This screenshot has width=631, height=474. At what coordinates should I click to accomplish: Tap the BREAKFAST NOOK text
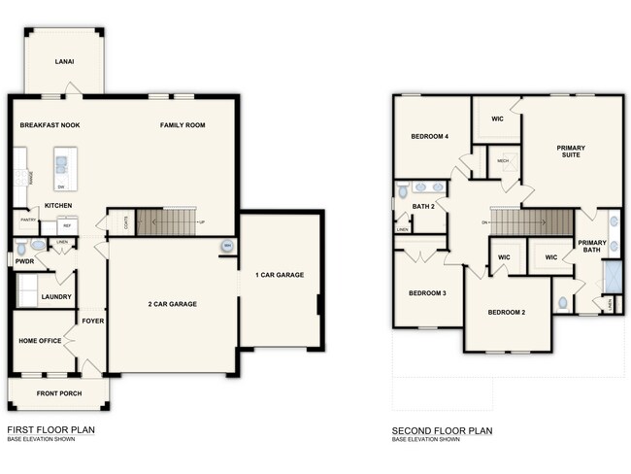[x=50, y=125]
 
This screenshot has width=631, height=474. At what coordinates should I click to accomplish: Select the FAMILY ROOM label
[x=183, y=125]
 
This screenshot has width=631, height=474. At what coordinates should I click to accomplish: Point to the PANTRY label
[x=29, y=220]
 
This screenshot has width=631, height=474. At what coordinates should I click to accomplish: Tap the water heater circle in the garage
[x=227, y=246]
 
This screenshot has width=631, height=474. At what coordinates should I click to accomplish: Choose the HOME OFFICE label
[x=40, y=341]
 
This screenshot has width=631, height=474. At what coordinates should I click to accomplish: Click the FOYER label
[x=92, y=321]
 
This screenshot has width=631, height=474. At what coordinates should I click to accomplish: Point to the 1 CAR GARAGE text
[x=280, y=275]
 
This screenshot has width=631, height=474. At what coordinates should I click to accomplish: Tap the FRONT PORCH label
[x=59, y=393]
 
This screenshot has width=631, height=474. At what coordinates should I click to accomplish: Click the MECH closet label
[x=503, y=161]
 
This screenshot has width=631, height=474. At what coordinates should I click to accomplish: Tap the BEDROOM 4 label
[x=429, y=137]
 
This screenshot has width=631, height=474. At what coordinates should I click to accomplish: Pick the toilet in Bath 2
[x=402, y=192]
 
